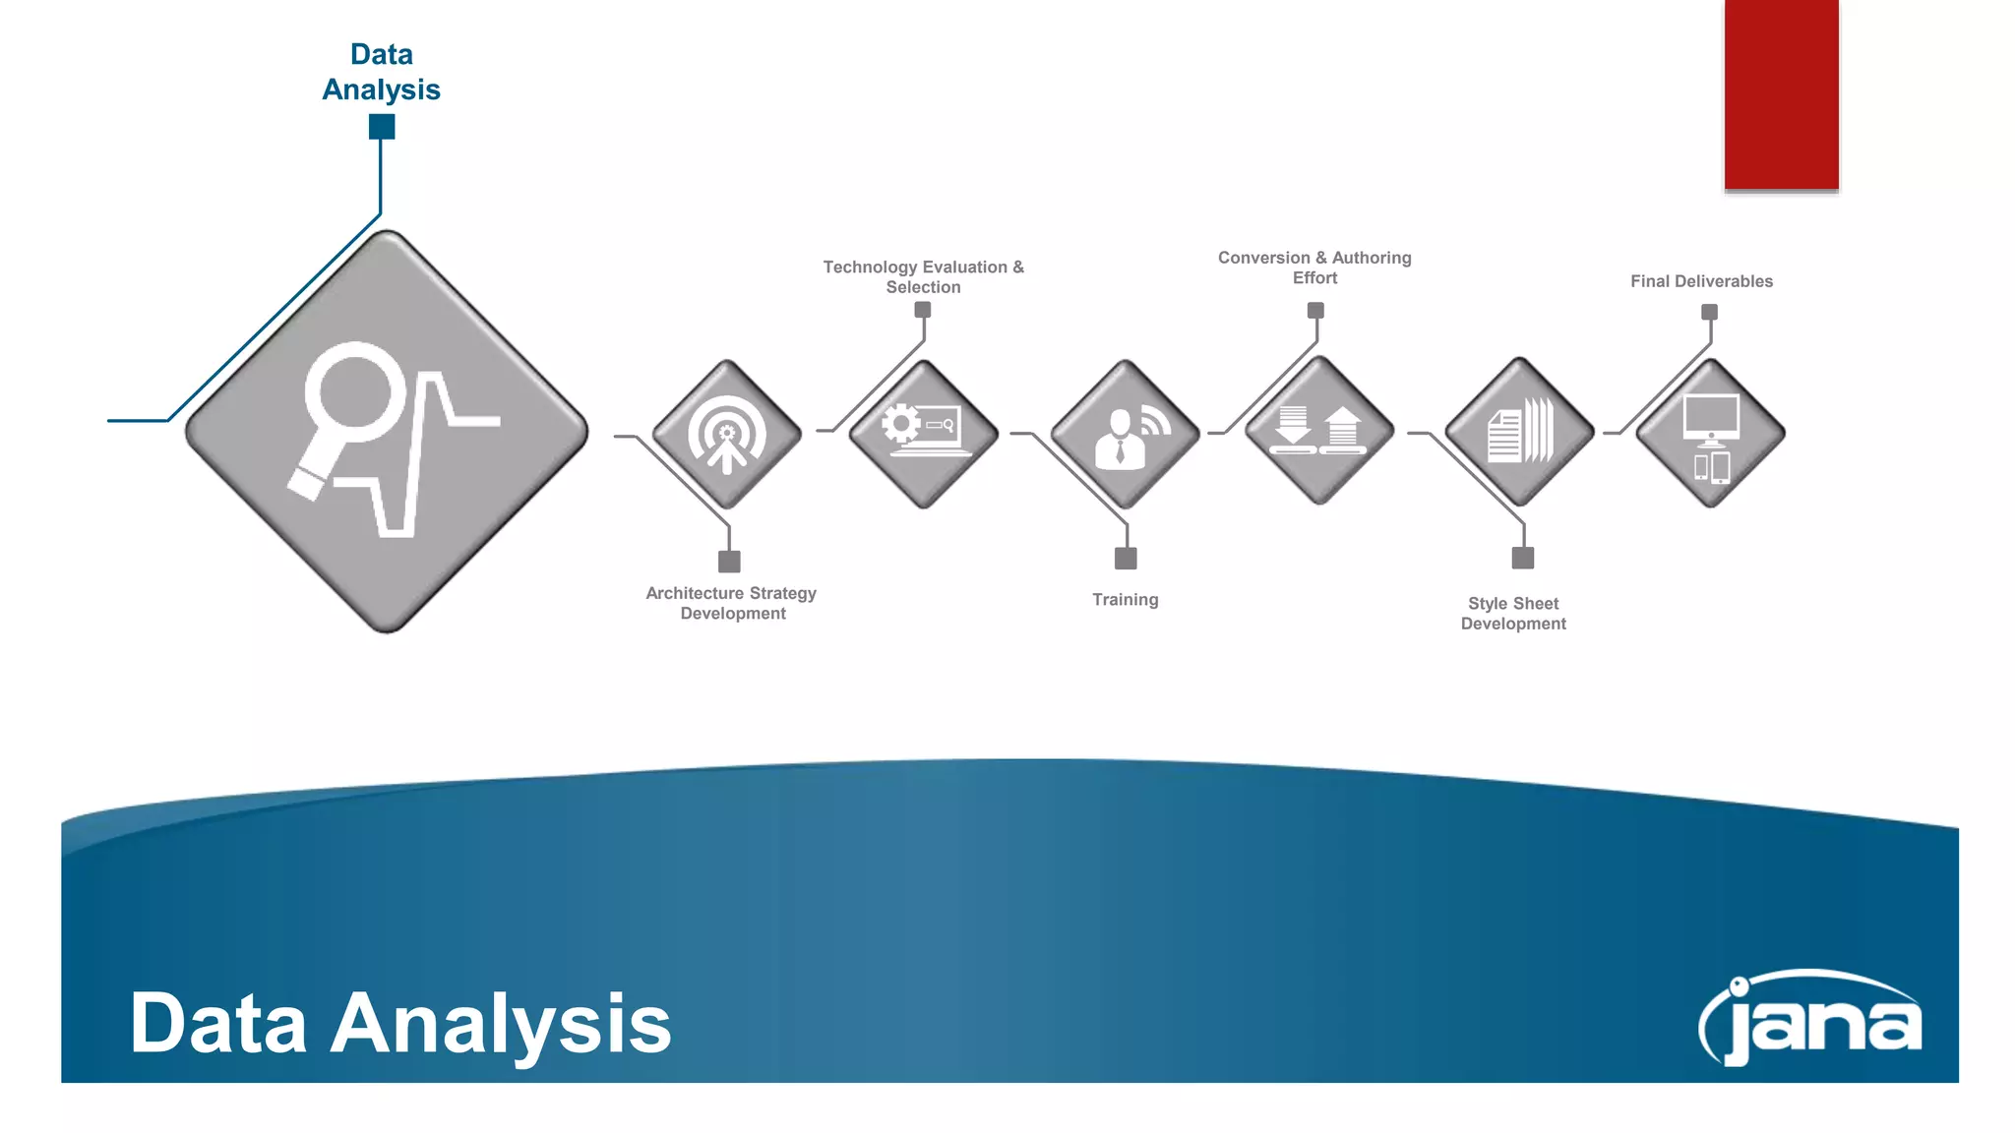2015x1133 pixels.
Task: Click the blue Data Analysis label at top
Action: point(382,72)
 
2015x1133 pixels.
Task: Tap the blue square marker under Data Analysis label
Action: point(382,127)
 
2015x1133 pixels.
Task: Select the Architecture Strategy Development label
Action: point(732,603)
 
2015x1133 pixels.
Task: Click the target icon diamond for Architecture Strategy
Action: point(727,435)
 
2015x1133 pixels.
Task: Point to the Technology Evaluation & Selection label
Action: point(923,276)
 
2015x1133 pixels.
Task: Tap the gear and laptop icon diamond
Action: point(923,433)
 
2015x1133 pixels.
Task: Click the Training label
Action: point(1125,600)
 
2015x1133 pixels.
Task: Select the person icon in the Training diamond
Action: point(1121,441)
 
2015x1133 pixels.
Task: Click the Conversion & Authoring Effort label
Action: point(1314,268)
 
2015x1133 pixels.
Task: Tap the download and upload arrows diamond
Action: point(1318,431)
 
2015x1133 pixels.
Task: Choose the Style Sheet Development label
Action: point(1513,614)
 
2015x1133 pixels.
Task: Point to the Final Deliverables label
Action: point(1701,281)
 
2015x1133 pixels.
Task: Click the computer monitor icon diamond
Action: point(1711,434)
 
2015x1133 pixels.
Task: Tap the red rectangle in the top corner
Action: point(1781,94)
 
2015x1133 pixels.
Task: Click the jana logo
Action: point(1810,1020)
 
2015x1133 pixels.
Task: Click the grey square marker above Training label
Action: point(1126,559)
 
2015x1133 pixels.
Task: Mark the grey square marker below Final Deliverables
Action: point(1710,312)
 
